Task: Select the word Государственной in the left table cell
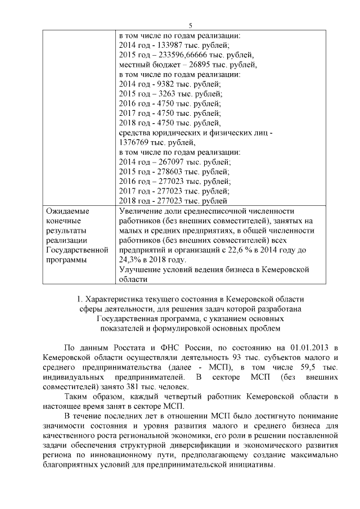(76, 250)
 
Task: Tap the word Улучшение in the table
(142, 269)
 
